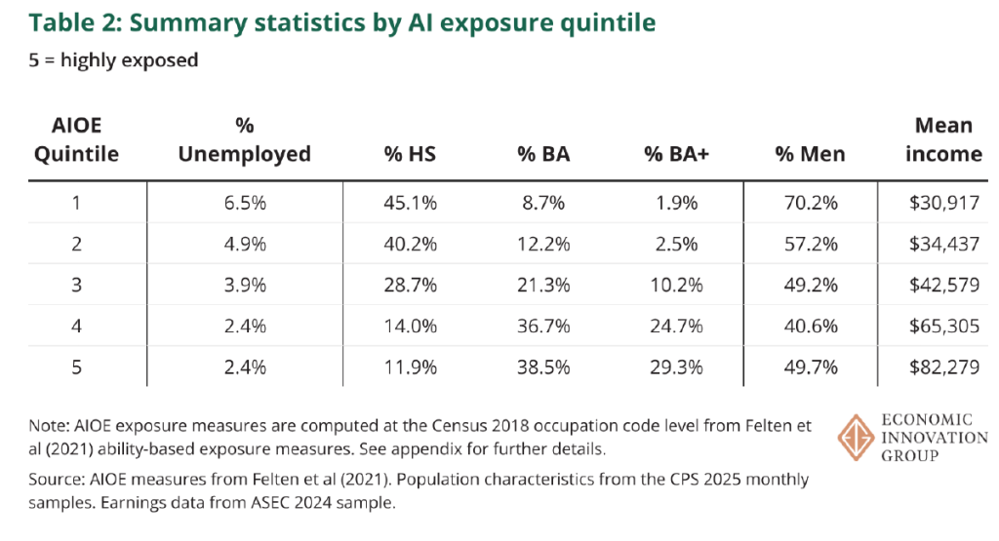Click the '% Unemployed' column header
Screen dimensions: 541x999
click(x=245, y=141)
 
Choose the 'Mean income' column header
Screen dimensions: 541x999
click(x=943, y=139)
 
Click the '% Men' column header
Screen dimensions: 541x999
click(x=810, y=154)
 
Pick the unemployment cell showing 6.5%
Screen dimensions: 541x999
click(x=243, y=206)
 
